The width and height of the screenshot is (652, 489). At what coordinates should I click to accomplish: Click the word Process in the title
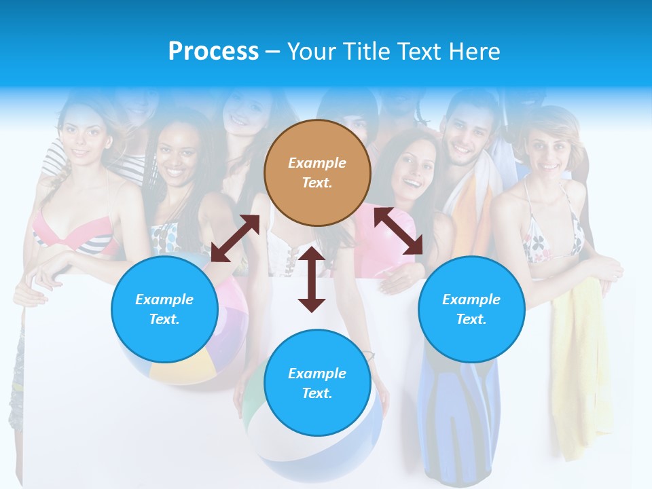(213, 52)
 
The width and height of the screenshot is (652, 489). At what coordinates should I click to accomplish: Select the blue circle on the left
(164, 309)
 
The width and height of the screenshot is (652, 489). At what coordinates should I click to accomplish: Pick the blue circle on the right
(471, 309)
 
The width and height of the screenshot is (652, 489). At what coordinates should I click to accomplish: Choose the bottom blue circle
(317, 383)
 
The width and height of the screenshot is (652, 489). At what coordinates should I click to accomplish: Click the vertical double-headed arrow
(312, 279)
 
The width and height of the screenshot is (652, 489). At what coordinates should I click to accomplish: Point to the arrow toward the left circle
(235, 238)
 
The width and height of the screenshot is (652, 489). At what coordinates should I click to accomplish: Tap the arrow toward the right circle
(398, 231)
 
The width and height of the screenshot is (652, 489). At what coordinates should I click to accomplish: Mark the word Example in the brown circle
(317, 163)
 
